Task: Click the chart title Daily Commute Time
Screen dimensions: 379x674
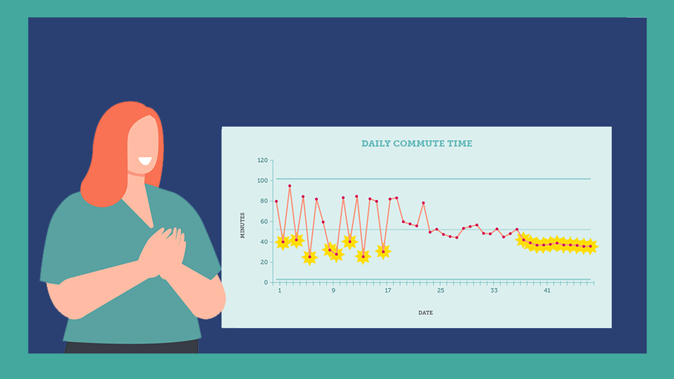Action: pos(417,144)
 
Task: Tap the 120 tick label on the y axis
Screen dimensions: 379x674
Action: pos(263,160)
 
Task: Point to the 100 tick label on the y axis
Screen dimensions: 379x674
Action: pos(263,181)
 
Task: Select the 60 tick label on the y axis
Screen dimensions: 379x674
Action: pos(264,221)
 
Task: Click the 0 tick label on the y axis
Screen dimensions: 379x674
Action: pos(266,282)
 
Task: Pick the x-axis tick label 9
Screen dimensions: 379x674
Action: pos(333,291)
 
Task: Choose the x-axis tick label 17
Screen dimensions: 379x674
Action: pos(388,291)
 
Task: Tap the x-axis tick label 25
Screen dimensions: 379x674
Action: pos(441,291)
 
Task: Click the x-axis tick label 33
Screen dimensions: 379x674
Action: pos(494,291)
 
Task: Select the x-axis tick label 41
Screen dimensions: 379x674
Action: pos(547,291)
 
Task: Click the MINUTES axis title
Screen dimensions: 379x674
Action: pos(243,225)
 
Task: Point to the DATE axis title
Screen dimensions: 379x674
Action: pos(425,313)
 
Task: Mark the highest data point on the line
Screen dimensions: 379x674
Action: pos(290,186)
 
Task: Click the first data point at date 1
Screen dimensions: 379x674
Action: pos(276,201)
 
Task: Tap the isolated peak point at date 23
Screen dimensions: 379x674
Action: pos(423,203)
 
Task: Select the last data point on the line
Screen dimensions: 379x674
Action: pos(590,246)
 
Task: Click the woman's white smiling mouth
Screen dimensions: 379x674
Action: pos(145,161)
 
